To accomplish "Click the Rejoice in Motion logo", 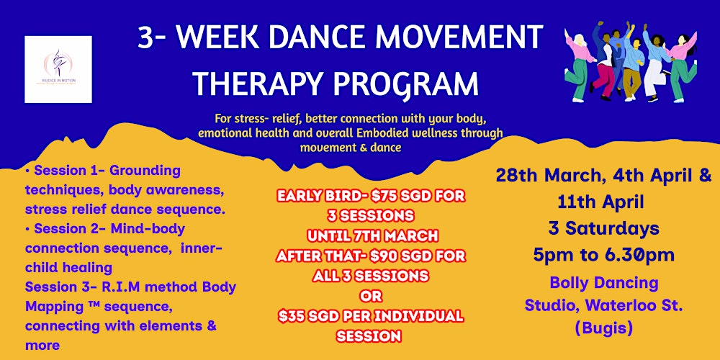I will [x=58, y=69].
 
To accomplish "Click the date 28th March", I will [x=541, y=175].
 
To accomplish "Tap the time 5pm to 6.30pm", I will [x=603, y=255].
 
